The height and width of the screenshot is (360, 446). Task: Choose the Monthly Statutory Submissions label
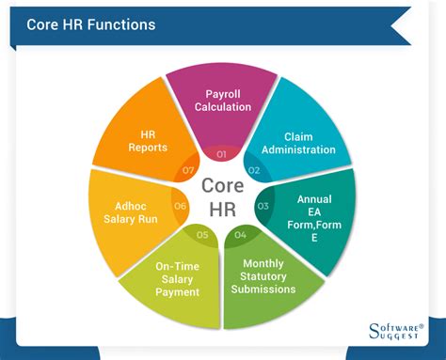pyautogui.click(x=269, y=276)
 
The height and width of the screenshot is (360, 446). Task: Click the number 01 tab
pyautogui.click(x=222, y=152)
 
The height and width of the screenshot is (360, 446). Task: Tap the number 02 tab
pyautogui.click(x=254, y=169)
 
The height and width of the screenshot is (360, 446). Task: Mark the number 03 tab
pyautogui.click(x=263, y=205)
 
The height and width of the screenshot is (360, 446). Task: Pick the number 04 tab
pyautogui.click(x=241, y=234)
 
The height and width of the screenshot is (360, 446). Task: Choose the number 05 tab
pyautogui.click(x=202, y=234)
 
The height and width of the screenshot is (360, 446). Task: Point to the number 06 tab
pyautogui.click(x=181, y=206)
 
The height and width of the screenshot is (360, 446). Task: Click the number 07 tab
pyautogui.click(x=188, y=170)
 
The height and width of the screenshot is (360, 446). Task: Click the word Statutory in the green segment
pyautogui.click(x=269, y=276)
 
